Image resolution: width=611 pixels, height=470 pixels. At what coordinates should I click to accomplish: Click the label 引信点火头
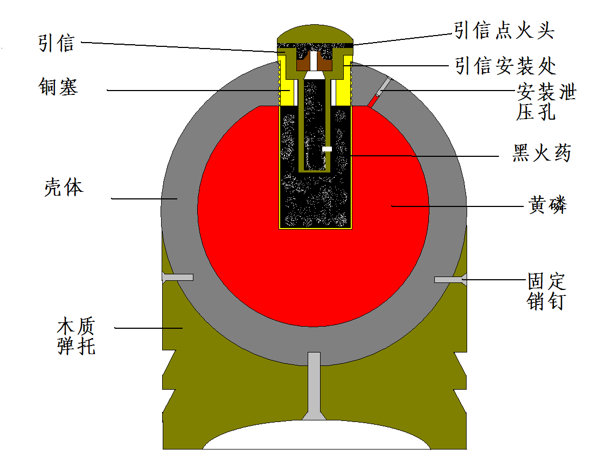[504, 31]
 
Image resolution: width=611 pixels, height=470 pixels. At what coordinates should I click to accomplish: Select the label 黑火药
[541, 154]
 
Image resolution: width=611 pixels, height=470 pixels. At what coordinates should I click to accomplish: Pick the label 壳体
[64, 188]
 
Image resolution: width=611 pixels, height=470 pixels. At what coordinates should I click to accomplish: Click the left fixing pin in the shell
[178, 277]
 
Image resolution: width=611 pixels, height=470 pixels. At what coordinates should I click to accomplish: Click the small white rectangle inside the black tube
[327, 149]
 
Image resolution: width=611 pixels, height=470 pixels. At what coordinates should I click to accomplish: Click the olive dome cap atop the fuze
[315, 33]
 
